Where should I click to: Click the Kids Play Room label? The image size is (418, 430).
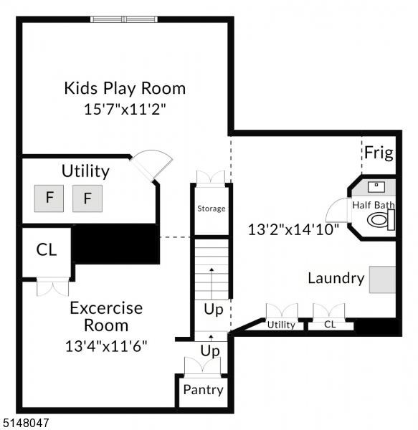pyautogui.click(x=125, y=89)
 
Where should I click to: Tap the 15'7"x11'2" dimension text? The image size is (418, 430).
pyautogui.click(x=125, y=110)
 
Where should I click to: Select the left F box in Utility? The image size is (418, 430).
pyautogui.click(x=49, y=198)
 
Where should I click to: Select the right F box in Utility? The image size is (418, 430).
pyautogui.click(x=87, y=198)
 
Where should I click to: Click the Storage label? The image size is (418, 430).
pyautogui.click(x=212, y=209)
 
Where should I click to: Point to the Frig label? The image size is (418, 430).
pyautogui.click(x=377, y=153)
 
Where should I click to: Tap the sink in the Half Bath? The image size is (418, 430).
pyautogui.click(x=376, y=187)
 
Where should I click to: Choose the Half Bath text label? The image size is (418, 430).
pyautogui.click(x=373, y=205)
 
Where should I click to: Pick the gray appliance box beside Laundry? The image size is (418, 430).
pyautogui.click(x=383, y=279)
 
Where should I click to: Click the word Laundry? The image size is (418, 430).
pyautogui.click(x=336, y=278)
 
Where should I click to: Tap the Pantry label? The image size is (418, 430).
pyautogui.click(x=203, y=391)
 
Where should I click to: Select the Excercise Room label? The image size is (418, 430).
pyautogui.click(x=106, y=317)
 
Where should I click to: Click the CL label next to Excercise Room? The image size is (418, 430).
pyautogui.click(x=47, y=250)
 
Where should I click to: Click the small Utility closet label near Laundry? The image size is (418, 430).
pyautogui.click(x=281, y=325)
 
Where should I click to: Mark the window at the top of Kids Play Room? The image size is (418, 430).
pyautogui.click(x=123, y=19)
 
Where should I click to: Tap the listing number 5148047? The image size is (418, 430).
pyautogui.click(x=26, y=424)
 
